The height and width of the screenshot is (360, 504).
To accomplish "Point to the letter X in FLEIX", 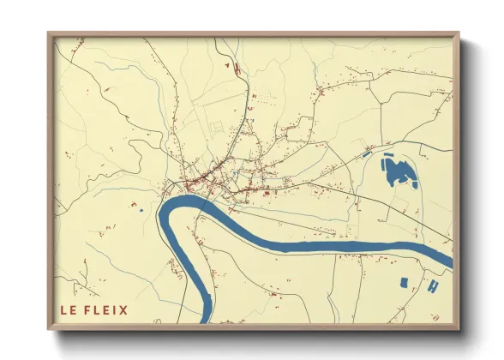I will [x=123, y=310].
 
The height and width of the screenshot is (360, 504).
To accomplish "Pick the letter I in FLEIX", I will [x=114, y=310].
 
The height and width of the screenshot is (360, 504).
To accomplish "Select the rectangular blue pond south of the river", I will [x=404, y=282].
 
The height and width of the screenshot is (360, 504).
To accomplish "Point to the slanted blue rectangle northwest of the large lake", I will [x=363, y=155].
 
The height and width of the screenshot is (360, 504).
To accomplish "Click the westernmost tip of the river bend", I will [x=160, y=216].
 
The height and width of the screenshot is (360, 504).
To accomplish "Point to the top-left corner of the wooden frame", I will [x=49, y=33].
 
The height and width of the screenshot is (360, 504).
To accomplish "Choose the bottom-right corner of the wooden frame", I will [x=459, y=328].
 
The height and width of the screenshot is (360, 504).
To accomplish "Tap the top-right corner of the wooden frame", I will [x=459, y=33].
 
